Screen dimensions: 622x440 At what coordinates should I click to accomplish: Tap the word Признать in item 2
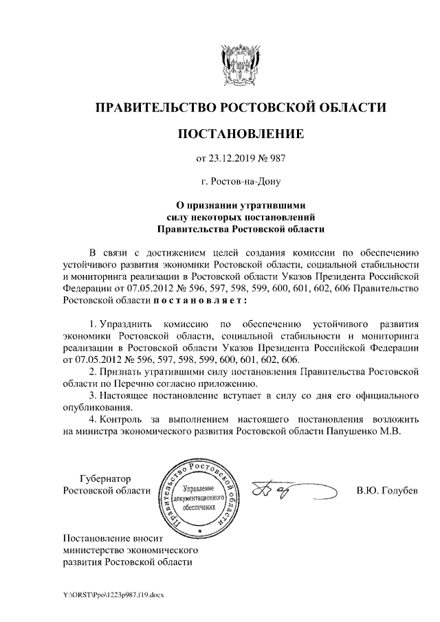[x=122, y=371]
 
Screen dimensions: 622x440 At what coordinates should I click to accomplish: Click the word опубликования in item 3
[x=94, y=408]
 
